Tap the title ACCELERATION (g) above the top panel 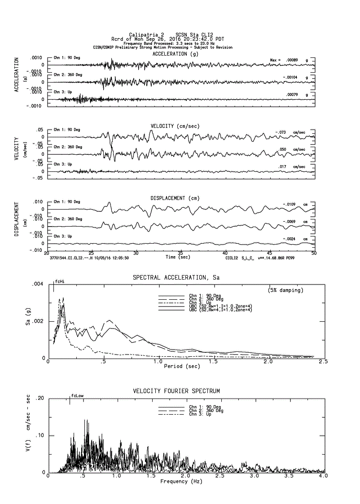[175, 54]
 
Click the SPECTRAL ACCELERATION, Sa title [176, 278]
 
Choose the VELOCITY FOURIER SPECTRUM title [176, 391]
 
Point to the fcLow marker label [77, 396]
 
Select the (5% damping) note [285, 290]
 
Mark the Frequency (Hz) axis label [181, 481]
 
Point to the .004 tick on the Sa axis [37, 285]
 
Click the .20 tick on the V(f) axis [40, 399]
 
